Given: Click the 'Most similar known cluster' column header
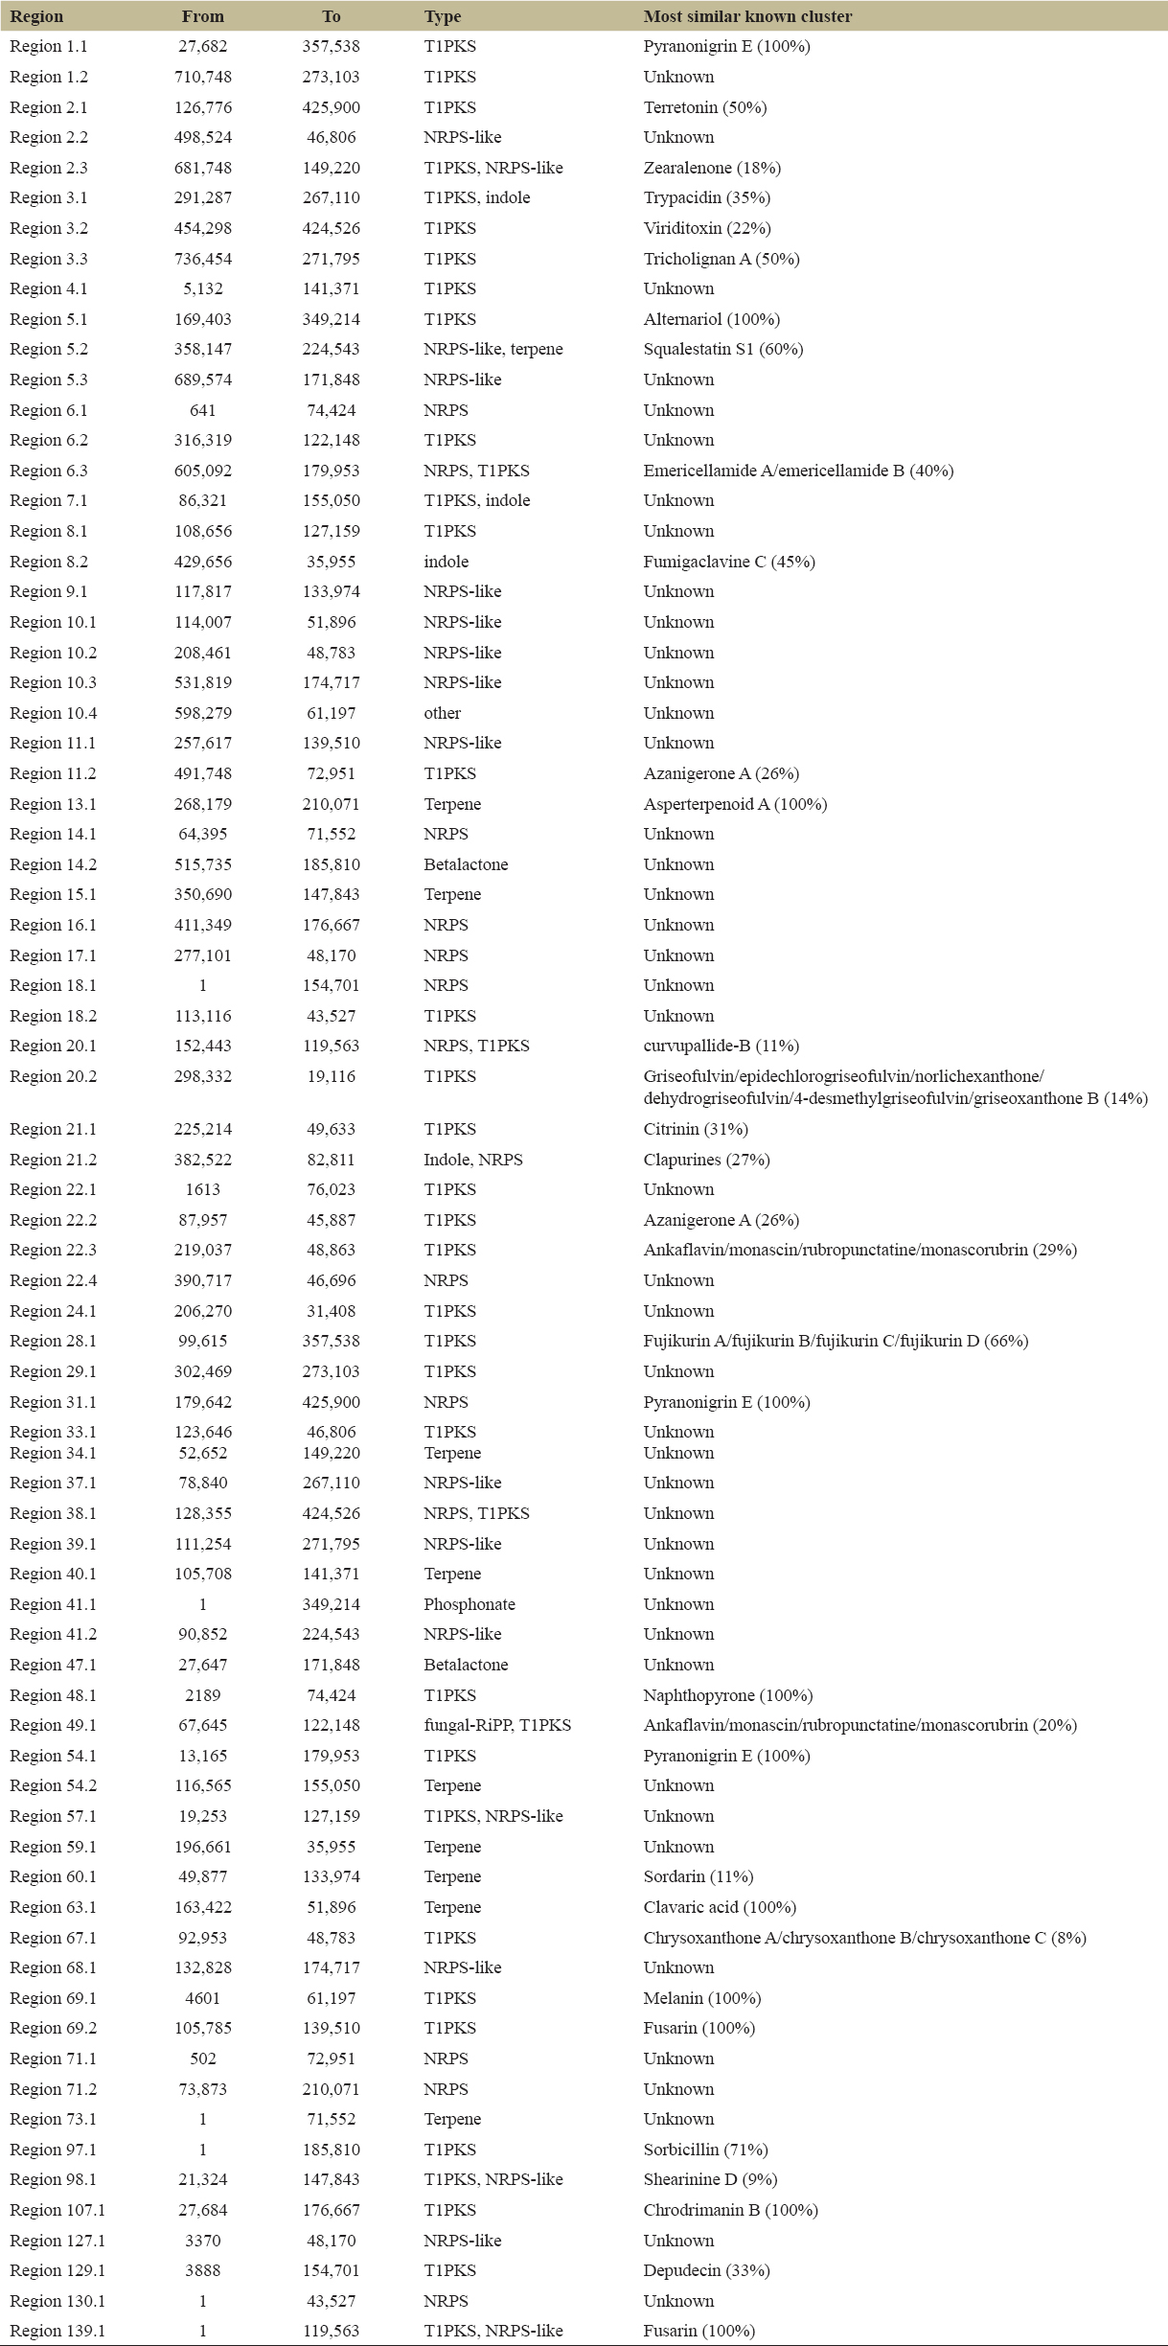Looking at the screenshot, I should (x=747, y=16).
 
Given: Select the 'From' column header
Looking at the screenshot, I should (x=203, y=16).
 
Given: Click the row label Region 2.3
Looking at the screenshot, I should (x=49, y=168).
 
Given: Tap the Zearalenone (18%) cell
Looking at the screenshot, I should (x=712, y=168).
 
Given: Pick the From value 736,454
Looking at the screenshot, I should (x=203, y=259).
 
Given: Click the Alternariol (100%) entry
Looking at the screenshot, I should (x=711, y=319).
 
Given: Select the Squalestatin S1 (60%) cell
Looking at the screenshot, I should (x=722, y=349).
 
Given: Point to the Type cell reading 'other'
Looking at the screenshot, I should (x=443, y=713).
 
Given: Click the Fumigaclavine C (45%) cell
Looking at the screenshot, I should (x=728, y=562).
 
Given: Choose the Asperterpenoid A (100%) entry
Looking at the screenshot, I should (x=735, y=804).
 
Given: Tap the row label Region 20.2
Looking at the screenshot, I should (x=54, y=1076).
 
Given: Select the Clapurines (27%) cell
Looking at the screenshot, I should (x=706, y=1160).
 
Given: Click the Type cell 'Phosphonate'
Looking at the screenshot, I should (x=469, y=1604).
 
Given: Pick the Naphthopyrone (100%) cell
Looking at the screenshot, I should (x=727, y=1695).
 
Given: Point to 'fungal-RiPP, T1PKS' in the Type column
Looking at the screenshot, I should (x=497, y=1725).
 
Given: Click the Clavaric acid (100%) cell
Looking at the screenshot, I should (x=720, y=1907).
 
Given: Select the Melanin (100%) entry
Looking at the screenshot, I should (x=702, y=1998).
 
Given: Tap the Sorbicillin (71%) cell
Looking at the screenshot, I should (x=705, y=2150).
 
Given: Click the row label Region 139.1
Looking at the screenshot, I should (x=57, y=2331).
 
